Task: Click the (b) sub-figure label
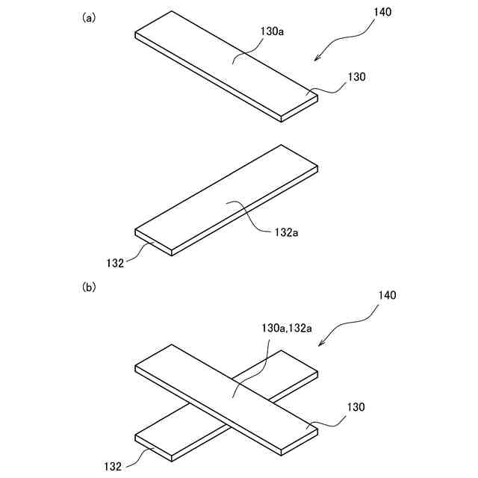pos(89,286)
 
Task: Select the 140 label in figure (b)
pos(387,295)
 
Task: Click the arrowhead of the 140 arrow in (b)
pos(321,344)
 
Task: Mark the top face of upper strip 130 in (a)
pos(224,63)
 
